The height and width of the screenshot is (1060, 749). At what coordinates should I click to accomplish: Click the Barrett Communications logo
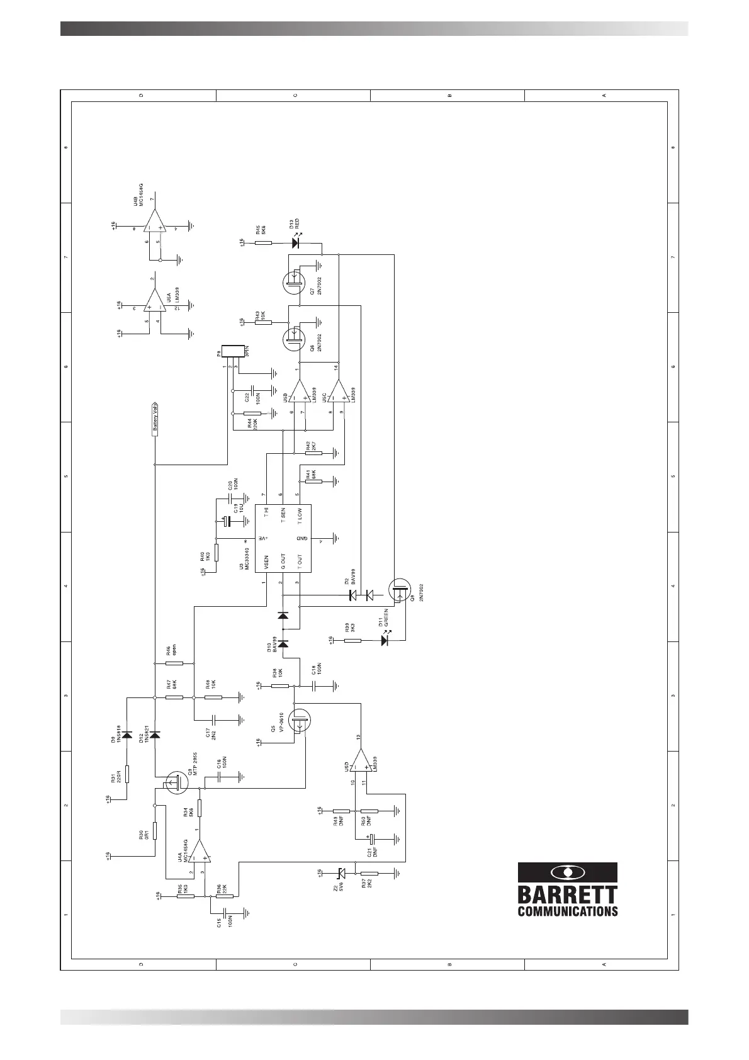567,889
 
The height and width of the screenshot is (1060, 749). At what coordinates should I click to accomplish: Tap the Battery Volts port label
154,419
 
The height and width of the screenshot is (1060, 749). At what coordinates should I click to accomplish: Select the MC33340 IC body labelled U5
283,538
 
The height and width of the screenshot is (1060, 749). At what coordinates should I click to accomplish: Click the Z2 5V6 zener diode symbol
341,873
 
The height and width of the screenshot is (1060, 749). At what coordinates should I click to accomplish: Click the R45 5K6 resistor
262,242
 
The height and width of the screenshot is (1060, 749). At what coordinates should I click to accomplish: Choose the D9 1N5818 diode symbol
127,735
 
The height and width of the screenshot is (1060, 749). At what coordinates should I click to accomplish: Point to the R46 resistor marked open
174,663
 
